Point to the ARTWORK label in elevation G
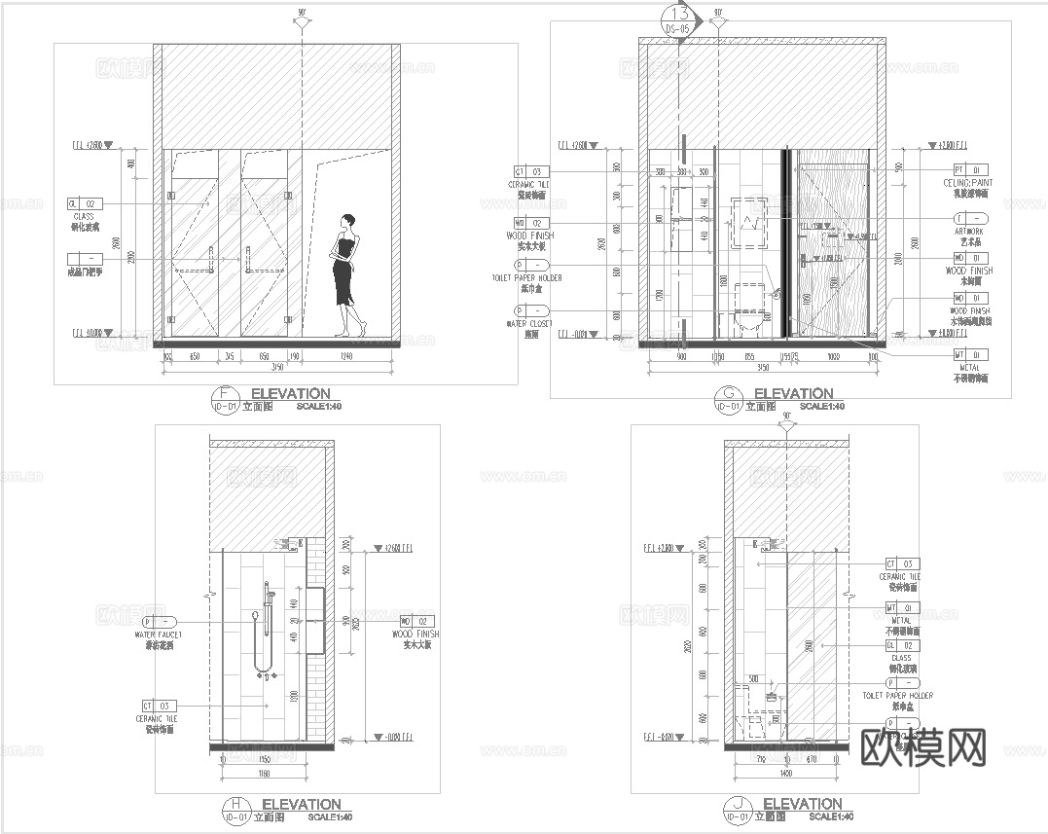(970, 231)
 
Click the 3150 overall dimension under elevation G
(764, 368)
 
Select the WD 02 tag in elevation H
(416, 621)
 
